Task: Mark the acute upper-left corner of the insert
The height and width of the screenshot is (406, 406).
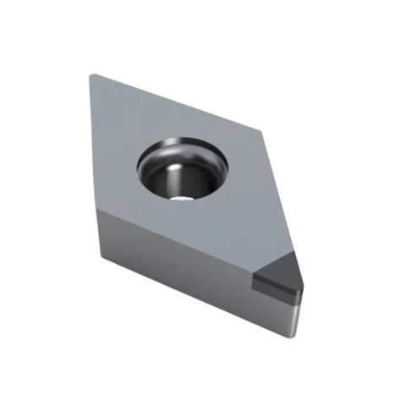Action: click(x=91, y=76)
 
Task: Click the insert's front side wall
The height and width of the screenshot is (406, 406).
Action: click(x=186, y=262)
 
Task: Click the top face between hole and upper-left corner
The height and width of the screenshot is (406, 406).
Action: click(x=127, y=118)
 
